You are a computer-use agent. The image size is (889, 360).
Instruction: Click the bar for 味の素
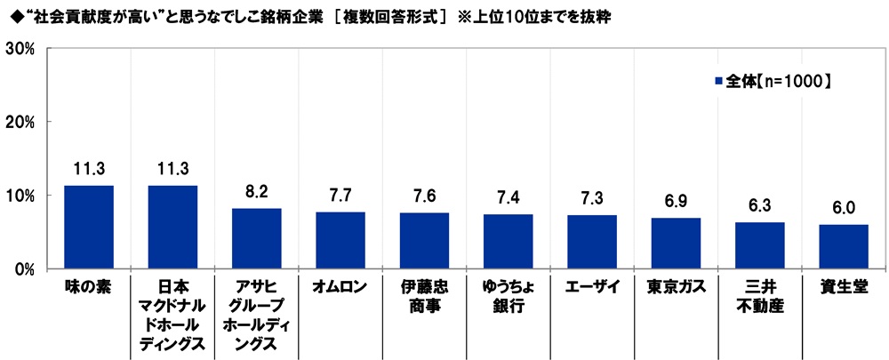pos(88,227)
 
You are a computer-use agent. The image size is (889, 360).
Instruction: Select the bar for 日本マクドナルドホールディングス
pos(172,227)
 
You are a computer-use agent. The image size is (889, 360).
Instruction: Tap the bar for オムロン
pos(340,240)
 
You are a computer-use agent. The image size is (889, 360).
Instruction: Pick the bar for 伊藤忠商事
pos(424,240)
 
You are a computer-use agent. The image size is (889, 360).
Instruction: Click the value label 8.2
pos(256,190)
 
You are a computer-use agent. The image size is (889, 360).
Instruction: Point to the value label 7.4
pos(508,196)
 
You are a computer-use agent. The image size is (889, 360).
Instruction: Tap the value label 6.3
pos(760,204)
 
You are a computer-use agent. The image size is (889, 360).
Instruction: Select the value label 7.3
pos(592,197)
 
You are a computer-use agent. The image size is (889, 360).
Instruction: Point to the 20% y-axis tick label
pos(20,122)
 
